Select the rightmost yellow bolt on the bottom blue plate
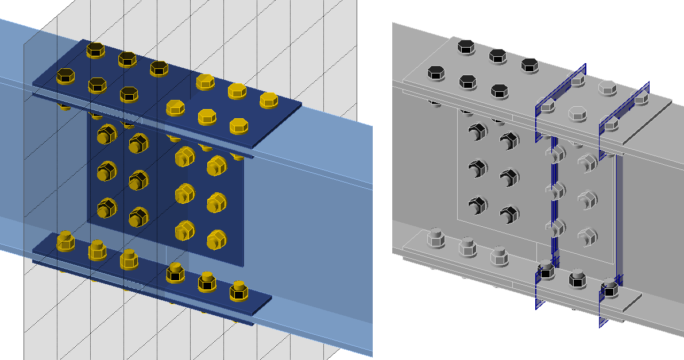click(238, 292)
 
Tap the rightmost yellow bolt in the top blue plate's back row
click(268, 99)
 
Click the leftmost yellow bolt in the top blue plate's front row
click(66, 75)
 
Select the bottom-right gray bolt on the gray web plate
click(586, 235)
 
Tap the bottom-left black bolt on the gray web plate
click(476, 204)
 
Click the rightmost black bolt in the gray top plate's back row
click(529, 65)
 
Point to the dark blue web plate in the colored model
click(161, 189)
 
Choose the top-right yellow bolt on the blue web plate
click(217, 165)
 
